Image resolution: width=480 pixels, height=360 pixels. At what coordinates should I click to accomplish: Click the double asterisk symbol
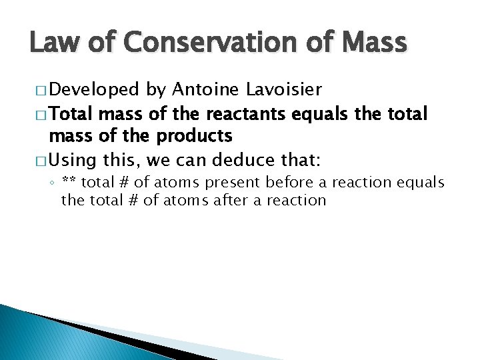pos(67,182)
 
